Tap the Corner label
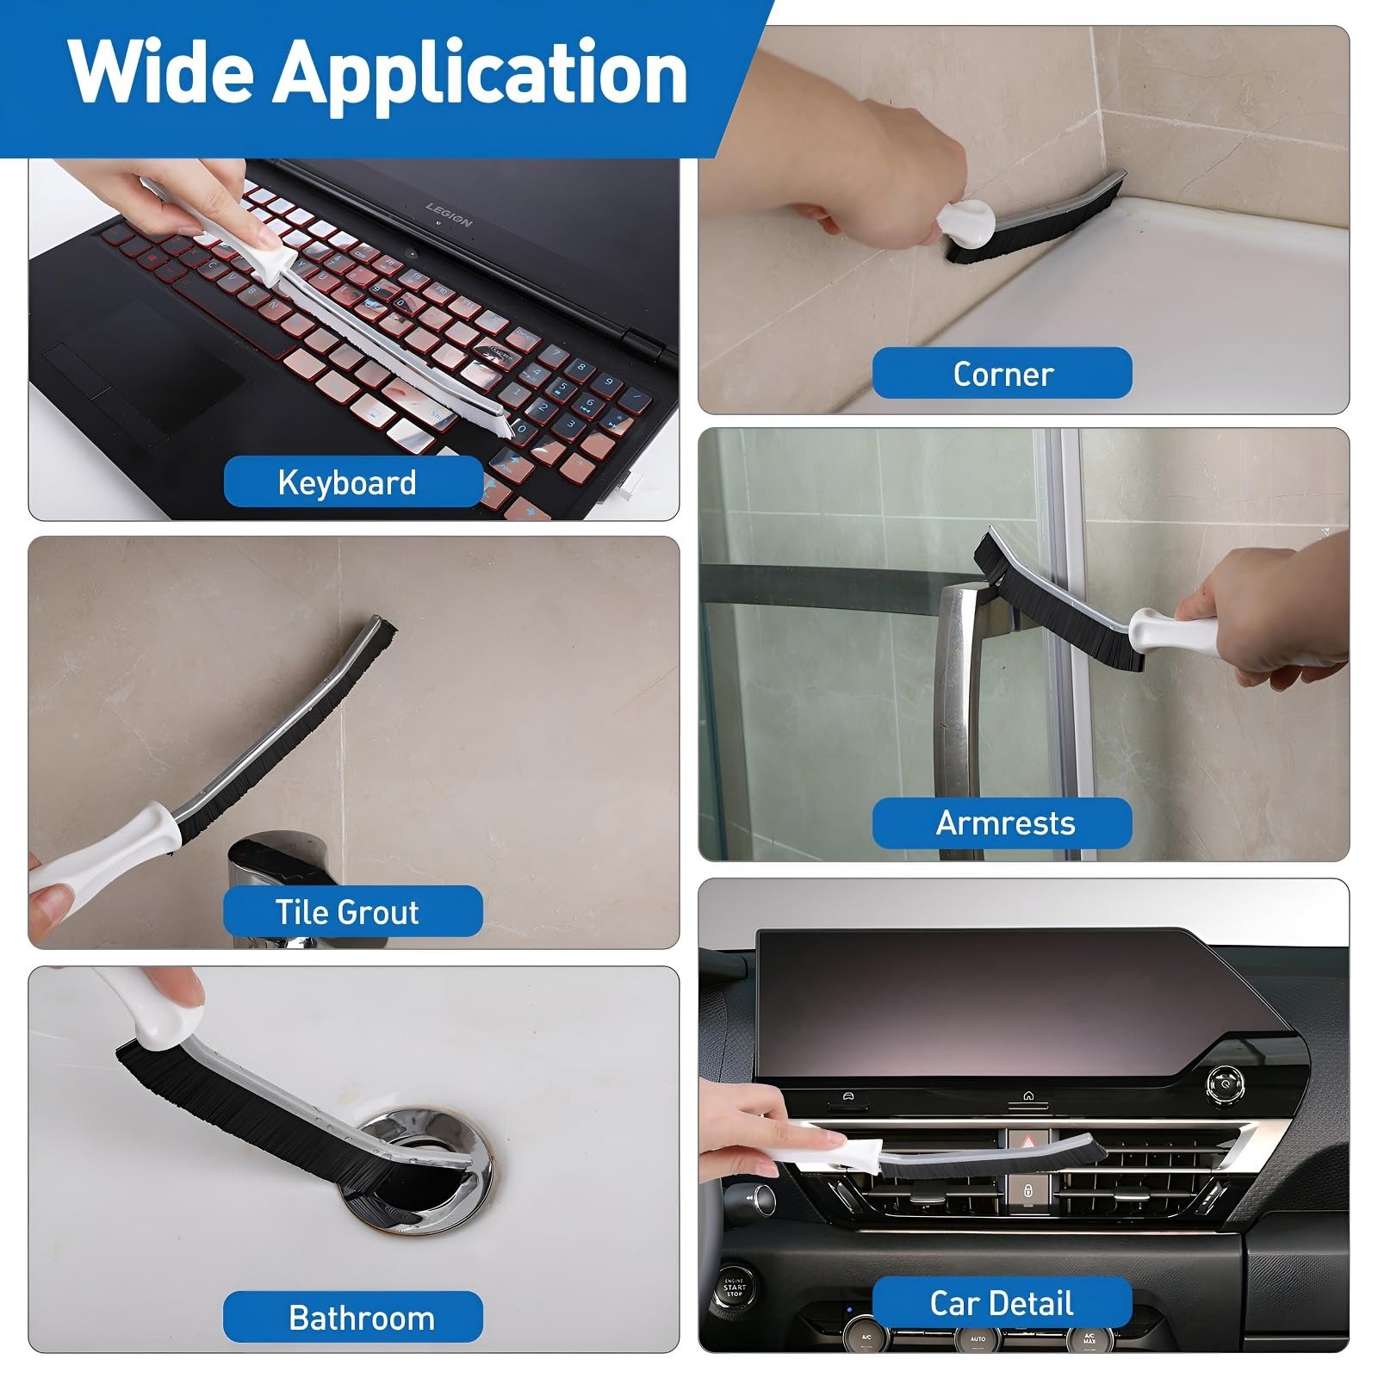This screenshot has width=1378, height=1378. pos(1002,373)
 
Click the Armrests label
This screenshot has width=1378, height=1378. pos(1002,823)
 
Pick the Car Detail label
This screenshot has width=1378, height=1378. pos(1002,1303)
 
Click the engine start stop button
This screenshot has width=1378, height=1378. pos(734,1287)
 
